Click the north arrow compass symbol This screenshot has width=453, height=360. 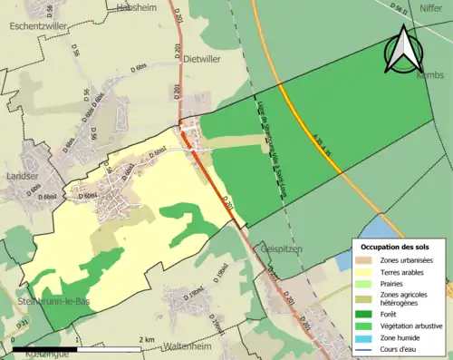click(403, 49)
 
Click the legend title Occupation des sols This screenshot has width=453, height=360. click(396, 246)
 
